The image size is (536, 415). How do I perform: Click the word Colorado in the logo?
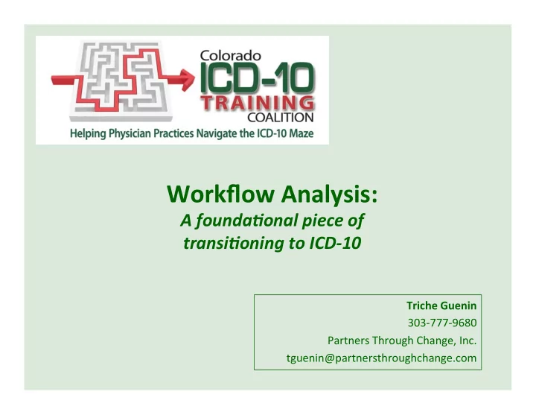[x=230, y=55]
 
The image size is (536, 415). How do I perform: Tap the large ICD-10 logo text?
[x=257, y=78]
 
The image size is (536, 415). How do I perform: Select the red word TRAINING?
[x=257, y=104]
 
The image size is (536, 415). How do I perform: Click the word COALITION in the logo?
[x=281, y=118]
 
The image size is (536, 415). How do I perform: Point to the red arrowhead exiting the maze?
[x=187, y=80]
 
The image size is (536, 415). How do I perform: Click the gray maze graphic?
[x=120, y=81]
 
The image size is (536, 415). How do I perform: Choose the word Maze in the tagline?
[x=301, y=133]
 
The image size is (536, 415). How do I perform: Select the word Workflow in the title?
[x=220, y=194]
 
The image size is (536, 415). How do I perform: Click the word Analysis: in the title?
[x=330, y=194]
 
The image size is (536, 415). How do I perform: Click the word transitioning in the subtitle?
[x=234, y=243]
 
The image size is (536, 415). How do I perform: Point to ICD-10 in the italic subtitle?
[x=335, y=243]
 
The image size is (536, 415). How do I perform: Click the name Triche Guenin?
[x=441, y=305]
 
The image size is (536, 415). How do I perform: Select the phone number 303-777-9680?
[x=442, y=323]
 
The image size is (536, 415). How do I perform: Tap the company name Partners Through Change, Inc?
[x=402, y=340]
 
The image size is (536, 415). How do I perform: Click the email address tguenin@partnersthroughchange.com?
[x=381, y=358]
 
